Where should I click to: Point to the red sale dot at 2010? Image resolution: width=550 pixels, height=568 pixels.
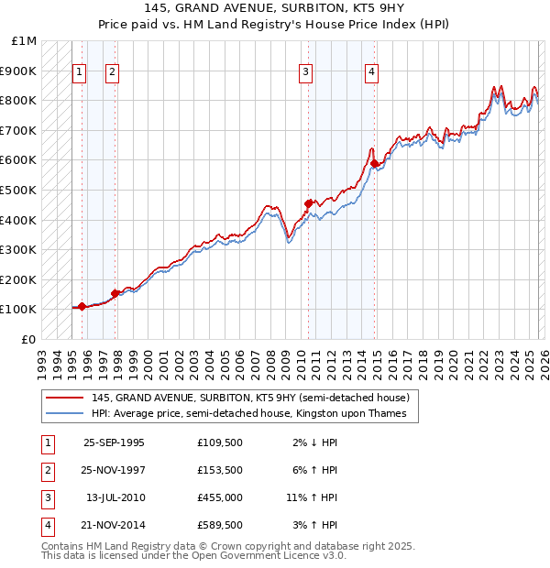click(x=308, y=203)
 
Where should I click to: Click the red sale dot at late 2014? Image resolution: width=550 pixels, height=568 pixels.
click(x=375, y=163)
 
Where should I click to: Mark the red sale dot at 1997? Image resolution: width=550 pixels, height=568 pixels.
click(x=115, y=293)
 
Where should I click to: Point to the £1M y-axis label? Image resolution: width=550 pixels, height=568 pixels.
click(x=25, y=41)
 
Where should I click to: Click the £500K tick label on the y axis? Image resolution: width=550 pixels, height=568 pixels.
click(x=19, y=190)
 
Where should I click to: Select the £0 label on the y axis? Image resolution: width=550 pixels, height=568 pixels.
click(x=29, y=339)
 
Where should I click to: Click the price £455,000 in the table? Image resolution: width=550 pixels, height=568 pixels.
click(x=219, y=497)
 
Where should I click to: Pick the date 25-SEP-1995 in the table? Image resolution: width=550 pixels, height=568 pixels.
click(x=114, y=442)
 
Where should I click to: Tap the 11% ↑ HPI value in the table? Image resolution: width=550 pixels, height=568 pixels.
click(x=312, y=497)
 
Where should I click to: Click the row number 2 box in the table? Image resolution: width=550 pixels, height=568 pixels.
click(x=47, y=470)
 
